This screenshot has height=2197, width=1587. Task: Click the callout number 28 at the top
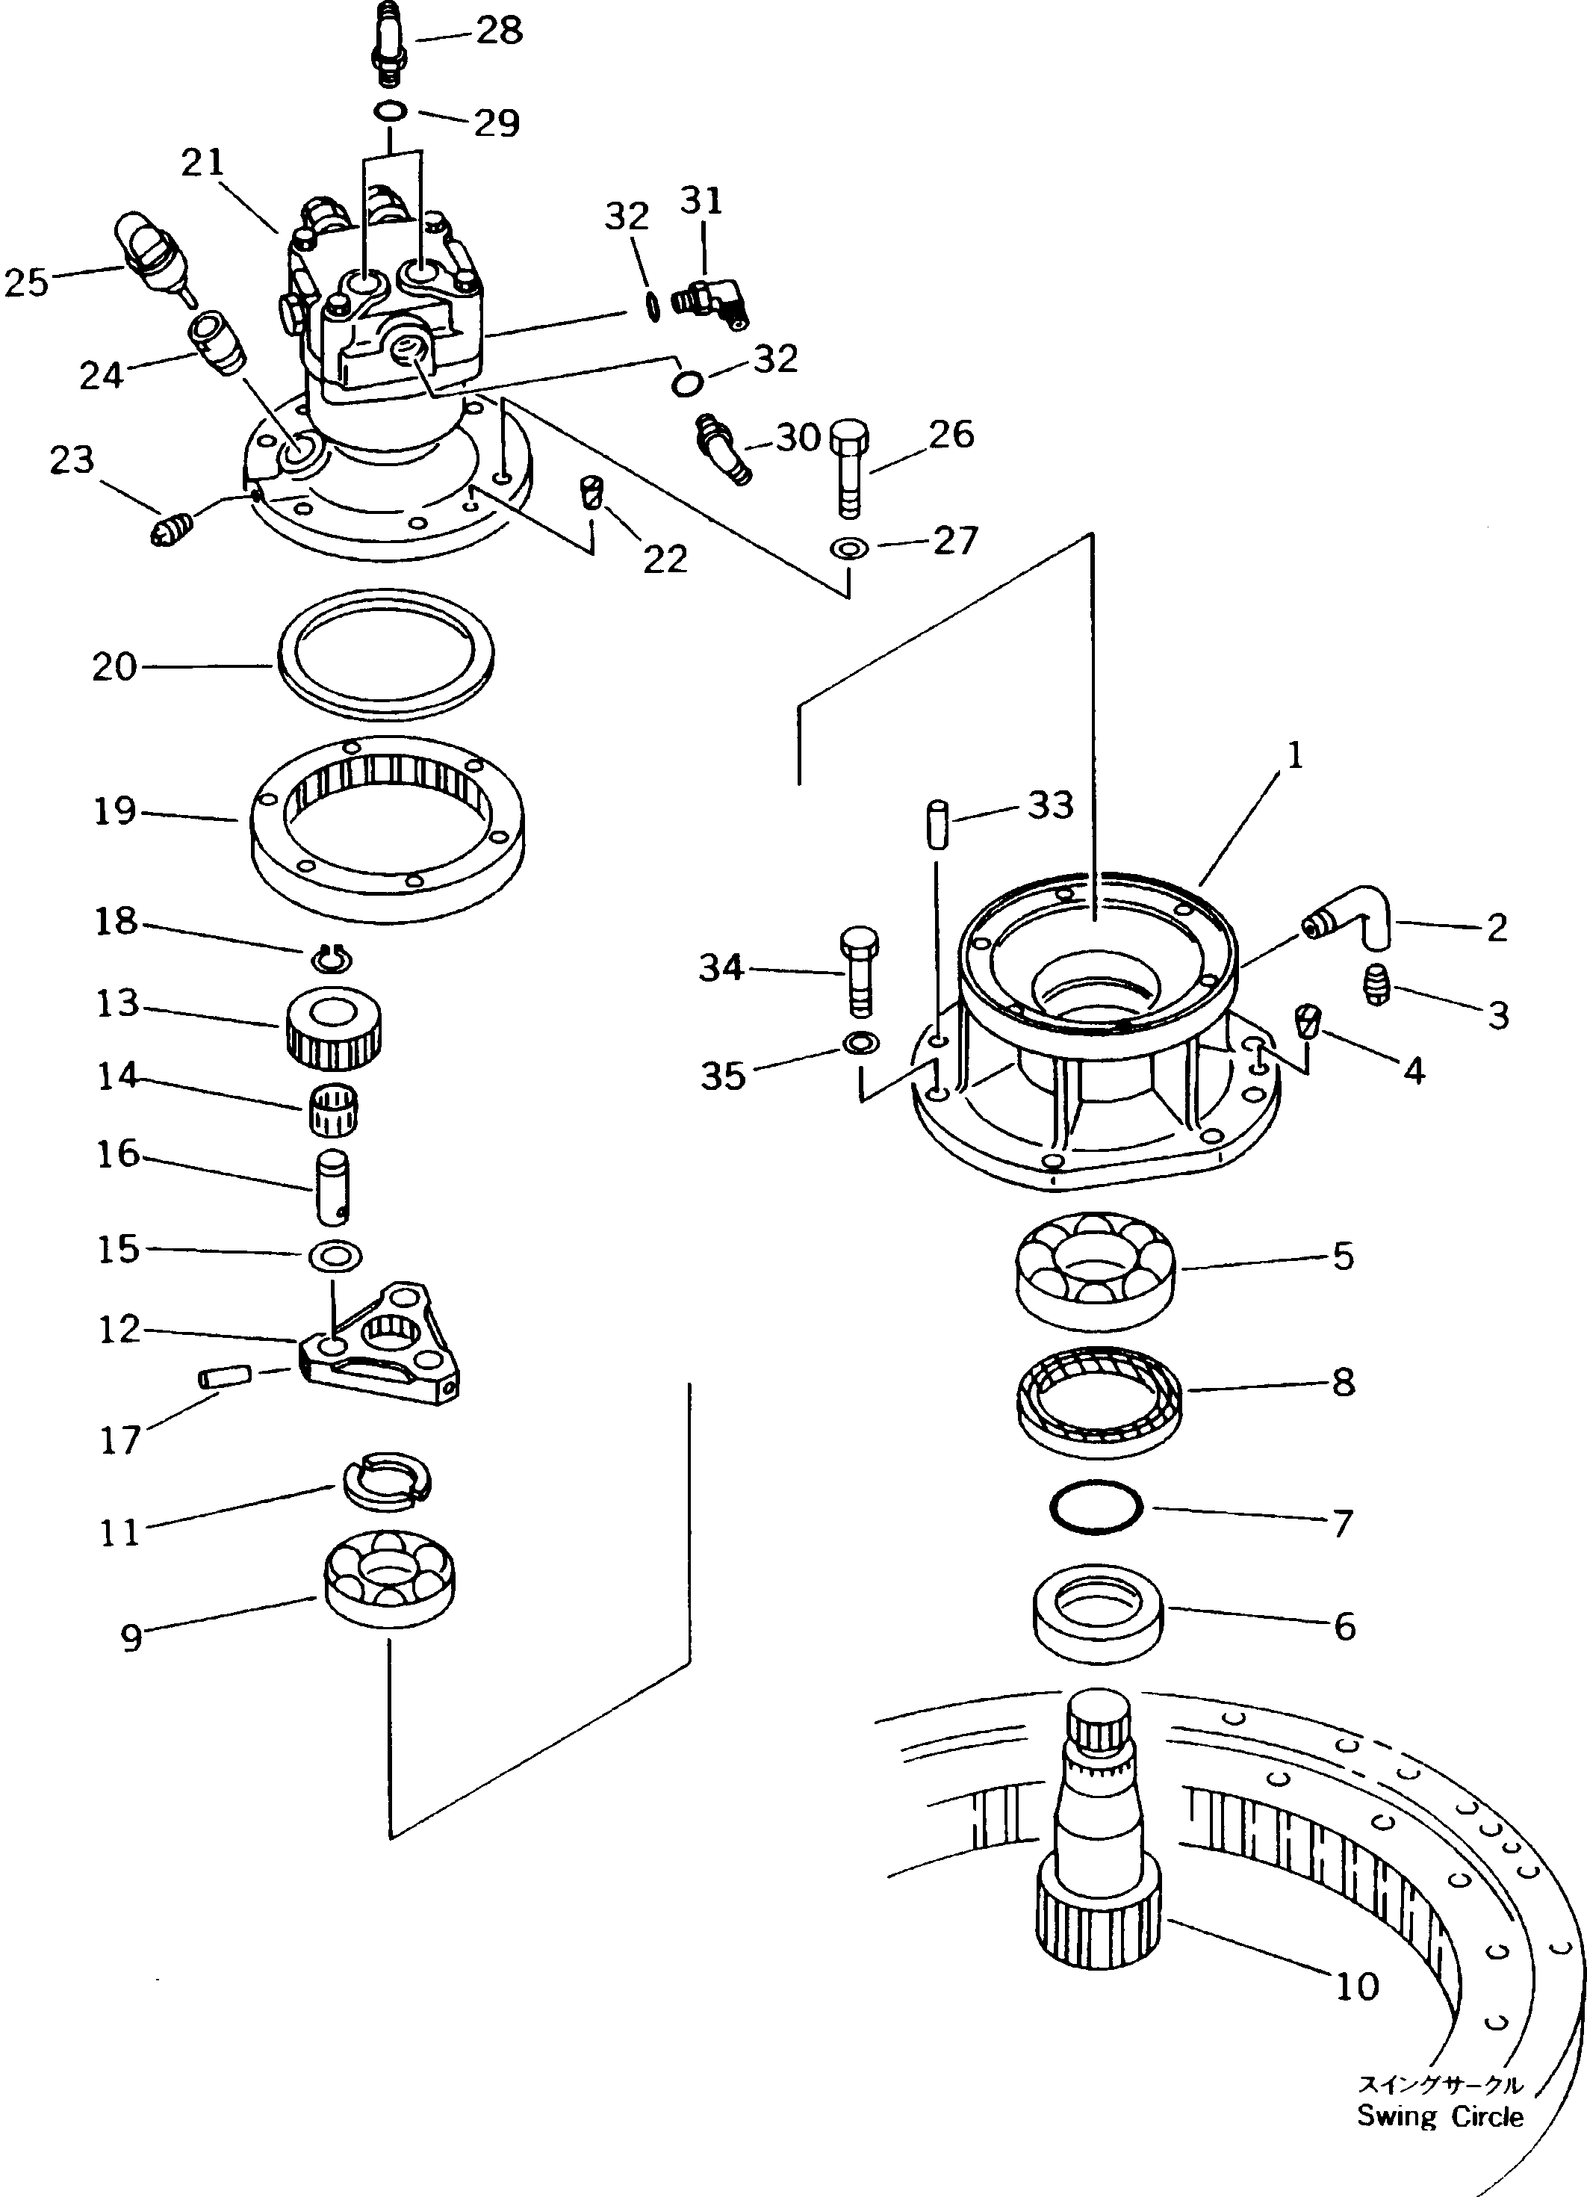[x=500, y=31]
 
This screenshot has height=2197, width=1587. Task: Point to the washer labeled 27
[x=849, y=549]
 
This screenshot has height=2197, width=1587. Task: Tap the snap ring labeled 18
[x=333, y=959]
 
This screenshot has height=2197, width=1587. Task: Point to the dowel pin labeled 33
[x=937, y=825]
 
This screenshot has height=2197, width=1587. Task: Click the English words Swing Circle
[x=1440, y=2116]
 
